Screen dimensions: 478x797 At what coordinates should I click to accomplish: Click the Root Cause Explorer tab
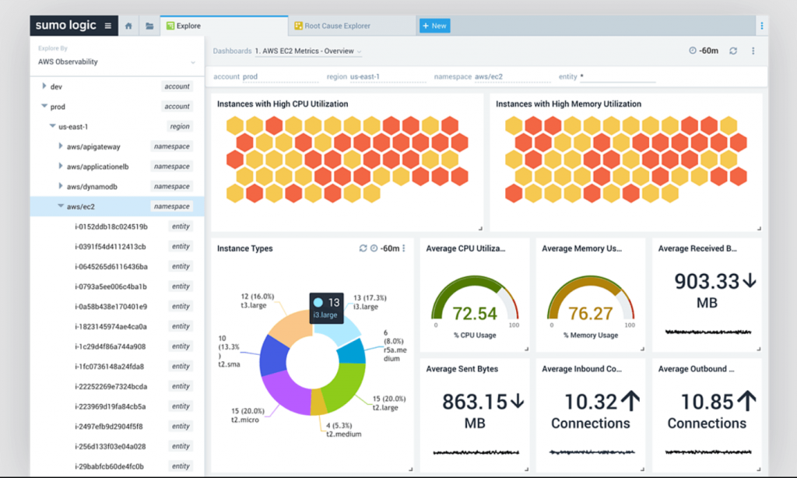point(337,26)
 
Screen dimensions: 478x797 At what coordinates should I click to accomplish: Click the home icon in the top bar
point(128,26)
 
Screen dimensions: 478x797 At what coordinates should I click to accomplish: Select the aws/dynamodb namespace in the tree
point(93,187)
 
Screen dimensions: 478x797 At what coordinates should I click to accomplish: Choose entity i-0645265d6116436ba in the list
point(111,266)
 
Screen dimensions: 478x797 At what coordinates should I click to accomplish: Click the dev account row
point(56,86)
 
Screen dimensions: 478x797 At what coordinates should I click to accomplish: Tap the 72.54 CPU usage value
point(474,314)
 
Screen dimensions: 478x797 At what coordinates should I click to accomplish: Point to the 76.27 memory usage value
point(591,314)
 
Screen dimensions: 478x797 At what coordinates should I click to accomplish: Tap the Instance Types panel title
point(245,248)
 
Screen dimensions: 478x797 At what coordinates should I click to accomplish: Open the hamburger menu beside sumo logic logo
point(108,26)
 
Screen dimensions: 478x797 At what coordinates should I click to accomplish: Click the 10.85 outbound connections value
point(707,402)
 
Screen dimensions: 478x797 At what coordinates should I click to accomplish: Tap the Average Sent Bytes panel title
point(462,369)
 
